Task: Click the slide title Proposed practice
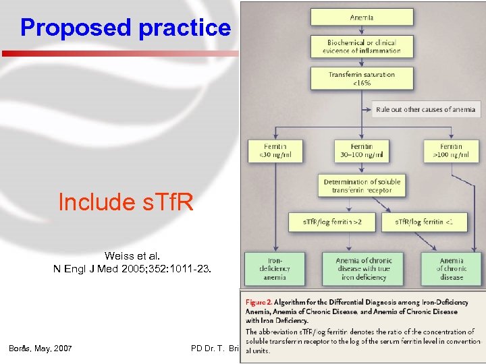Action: point(126,28)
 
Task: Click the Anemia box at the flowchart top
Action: point(361,17)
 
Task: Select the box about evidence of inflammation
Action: point(361,46)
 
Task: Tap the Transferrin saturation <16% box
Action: point(361,79)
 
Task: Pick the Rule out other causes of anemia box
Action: point(425,109)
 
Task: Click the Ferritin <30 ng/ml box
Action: point(275,151)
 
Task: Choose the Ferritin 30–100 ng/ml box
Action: point(362,151)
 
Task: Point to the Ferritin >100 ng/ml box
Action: point(451,151)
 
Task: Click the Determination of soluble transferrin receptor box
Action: point(362,186)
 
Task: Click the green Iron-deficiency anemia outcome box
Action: point(275,268)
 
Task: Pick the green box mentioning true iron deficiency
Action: point(363,268)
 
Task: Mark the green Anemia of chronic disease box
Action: point(451,268)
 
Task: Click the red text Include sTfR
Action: point(126,202)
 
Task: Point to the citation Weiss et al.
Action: point(132,256)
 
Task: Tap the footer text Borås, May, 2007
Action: point(40,348)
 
